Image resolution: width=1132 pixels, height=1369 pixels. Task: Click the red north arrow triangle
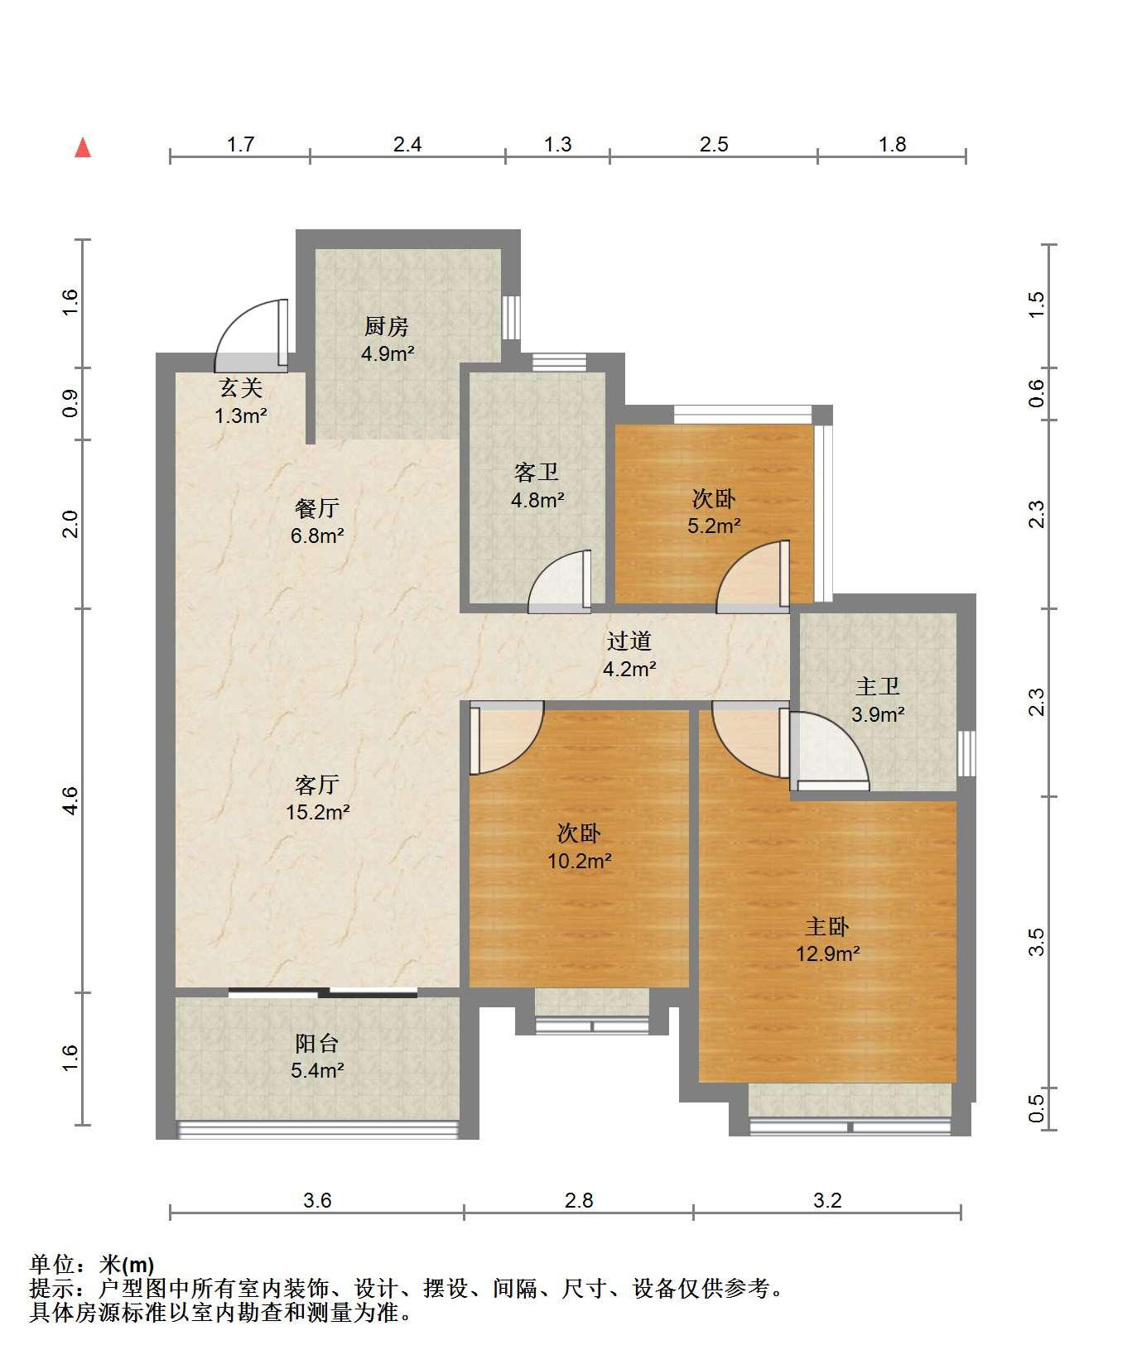pos(83,147)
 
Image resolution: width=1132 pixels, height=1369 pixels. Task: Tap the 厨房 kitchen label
pos(387,327)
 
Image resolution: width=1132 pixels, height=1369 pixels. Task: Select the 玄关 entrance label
pos(240,387)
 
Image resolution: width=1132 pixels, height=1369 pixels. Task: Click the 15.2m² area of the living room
pos(317,812)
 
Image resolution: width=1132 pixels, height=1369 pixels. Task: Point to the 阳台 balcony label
pos(317,1043)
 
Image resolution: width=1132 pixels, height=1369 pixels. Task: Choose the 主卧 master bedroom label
pos(827,926)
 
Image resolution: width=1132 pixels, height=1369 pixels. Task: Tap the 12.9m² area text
pos(827,953)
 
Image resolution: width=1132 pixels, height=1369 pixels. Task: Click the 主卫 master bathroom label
pos(878,686)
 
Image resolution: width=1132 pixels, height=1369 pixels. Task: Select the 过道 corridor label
pos(629,641)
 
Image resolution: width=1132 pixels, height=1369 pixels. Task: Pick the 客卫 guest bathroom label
pos(537,473)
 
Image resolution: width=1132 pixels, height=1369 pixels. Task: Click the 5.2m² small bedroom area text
pos(714,526)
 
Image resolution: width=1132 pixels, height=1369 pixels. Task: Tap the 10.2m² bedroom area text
pos(579,861)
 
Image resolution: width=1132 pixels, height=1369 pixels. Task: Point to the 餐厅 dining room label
pos(317,507)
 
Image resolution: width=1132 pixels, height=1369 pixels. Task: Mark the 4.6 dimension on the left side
pos(70,800)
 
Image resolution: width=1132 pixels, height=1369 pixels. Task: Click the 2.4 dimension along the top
pos(407,145)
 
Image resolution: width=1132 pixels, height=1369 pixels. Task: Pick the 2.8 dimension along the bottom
pos(579,1200)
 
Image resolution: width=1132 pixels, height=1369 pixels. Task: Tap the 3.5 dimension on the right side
pos(1037,942)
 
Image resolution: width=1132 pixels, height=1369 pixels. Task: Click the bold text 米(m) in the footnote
pos(127,1264)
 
